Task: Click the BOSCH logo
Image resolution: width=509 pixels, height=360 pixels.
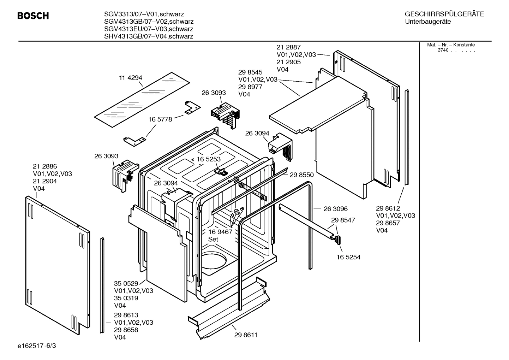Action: pos(33,16)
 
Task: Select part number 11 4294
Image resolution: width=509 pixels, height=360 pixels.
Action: pos(131,78)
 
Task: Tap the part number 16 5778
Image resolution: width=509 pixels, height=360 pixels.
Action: pos(160,119)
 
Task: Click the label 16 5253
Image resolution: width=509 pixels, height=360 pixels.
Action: pos(208,159)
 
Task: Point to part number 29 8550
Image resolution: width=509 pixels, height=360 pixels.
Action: pos(301,175)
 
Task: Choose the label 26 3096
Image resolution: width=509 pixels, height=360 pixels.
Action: pos(335,209)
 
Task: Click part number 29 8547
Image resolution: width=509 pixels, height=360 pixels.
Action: pos(343,220)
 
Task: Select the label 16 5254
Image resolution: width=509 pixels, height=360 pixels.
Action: pos(348,257)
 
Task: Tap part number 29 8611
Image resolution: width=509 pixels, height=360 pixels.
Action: pos(246,335)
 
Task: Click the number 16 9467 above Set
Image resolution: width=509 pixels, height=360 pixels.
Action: pos(220,232)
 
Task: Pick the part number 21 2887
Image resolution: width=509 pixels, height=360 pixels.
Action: pos(288,47)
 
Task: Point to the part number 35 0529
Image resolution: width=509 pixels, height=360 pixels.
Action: pos(126,283)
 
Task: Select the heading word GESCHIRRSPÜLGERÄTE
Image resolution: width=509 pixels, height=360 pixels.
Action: pos(444,14)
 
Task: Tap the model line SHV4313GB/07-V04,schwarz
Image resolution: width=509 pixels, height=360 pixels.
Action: pos(149,36)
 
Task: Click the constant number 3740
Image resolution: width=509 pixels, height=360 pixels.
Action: pos(443,50)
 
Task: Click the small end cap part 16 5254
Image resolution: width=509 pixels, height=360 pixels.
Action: pos(338,240)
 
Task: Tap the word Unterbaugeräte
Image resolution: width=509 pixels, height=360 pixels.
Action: pos(428,22)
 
